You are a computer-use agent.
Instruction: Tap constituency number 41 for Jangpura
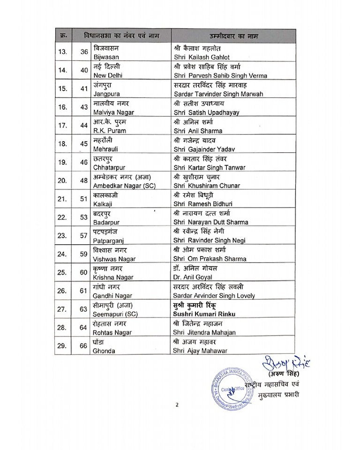point(84,89)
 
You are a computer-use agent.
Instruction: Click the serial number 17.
point(63,126)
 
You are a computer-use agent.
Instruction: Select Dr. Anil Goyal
point(193,277)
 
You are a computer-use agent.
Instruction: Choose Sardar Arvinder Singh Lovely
point(214,295)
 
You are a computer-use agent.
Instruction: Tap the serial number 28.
point(63,327)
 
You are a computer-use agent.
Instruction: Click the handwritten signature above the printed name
point(281,364)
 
